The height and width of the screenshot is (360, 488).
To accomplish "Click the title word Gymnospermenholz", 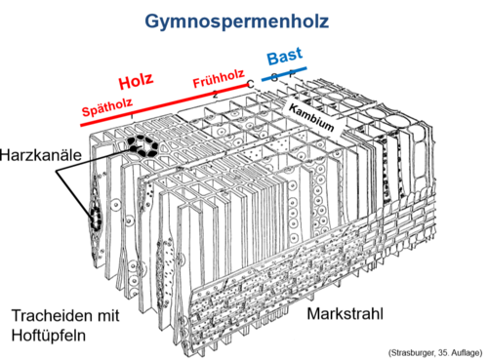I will [x=242, y=20].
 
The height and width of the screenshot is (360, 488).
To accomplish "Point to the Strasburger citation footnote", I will [x=429, y=349].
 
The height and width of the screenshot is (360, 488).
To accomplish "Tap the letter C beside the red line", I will [x=251, y=84].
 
